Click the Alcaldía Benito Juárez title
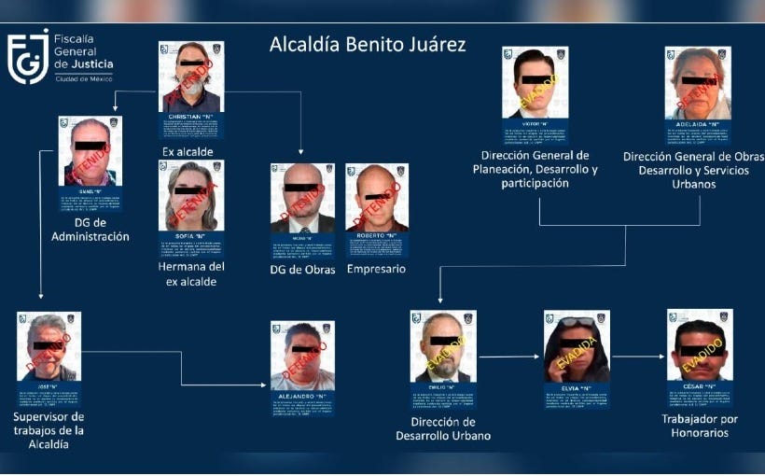[x=367, y=45]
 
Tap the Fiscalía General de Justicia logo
[x=62, y=57]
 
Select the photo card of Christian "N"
[x=191, y=89]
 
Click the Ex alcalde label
[x=188, y=151]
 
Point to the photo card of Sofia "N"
[x=190, y=207]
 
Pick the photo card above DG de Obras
[x=302, y=210]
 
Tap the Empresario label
[x=376, y=269]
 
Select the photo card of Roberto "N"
[x=377, y=210]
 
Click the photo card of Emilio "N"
[x=442, y=358]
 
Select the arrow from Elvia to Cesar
[x=639, y=356]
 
